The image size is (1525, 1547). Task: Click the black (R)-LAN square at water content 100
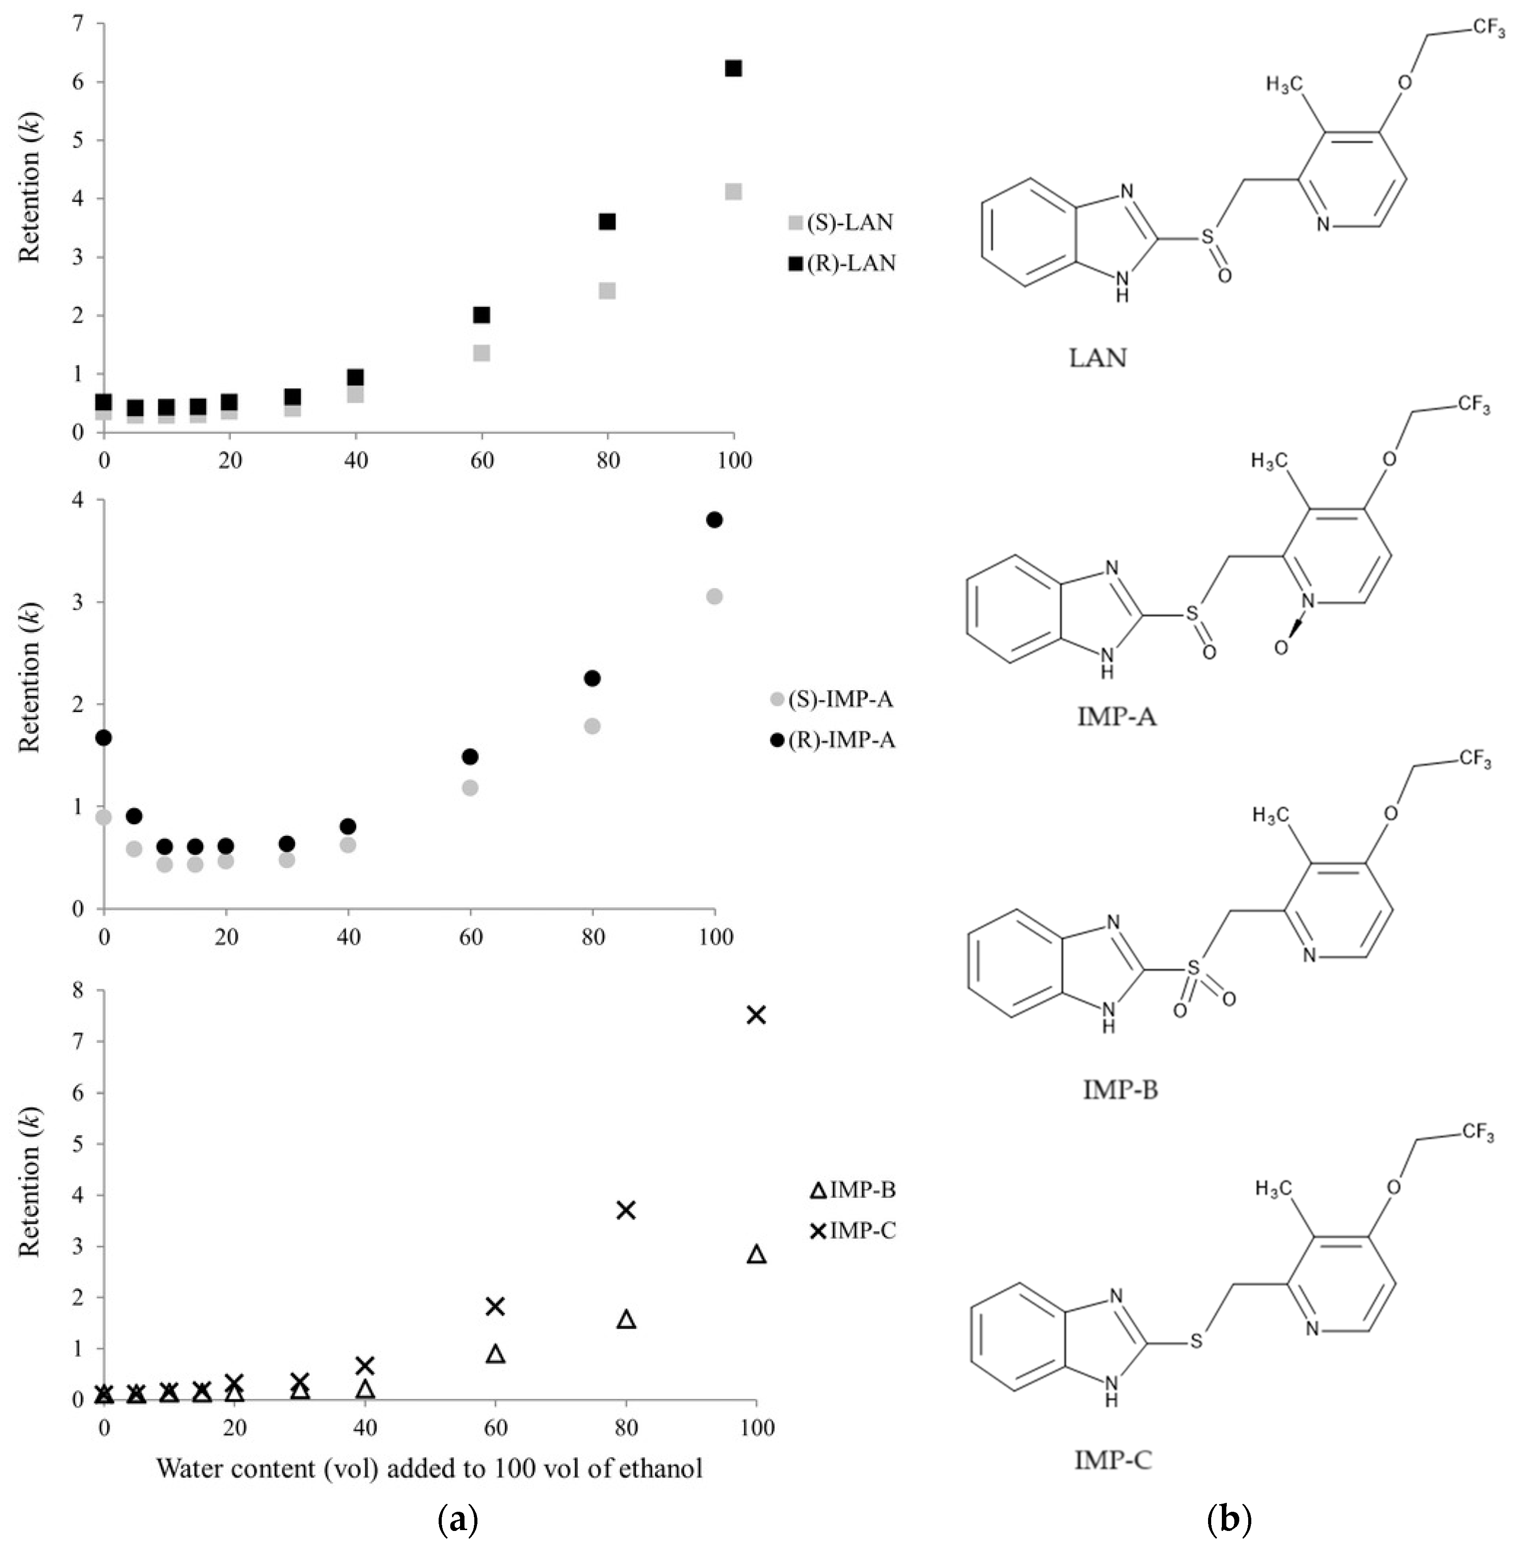(732, 69)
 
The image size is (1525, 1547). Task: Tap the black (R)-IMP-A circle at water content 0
(103, 737)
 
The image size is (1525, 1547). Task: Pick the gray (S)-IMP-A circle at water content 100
(714, 597)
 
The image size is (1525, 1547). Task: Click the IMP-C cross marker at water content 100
(756, 1015)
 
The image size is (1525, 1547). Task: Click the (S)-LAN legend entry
(841, 222)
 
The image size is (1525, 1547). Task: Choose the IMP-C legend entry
(853, 1231)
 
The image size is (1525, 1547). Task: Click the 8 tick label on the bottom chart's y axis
(78, 991)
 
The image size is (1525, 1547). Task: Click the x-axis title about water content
(429, 1468)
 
